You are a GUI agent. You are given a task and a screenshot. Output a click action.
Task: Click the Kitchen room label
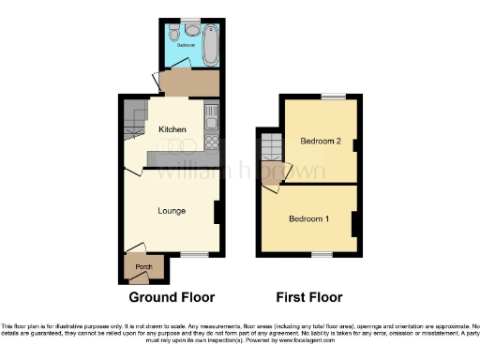(172, 129)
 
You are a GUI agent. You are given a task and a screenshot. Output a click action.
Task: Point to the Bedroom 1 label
(308, 219)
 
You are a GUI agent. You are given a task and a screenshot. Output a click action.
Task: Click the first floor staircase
(272, 146)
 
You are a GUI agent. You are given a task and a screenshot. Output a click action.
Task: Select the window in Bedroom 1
(322, 254)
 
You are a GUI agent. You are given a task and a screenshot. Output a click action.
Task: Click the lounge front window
(193, 254)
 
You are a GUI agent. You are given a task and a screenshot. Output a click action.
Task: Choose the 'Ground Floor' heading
(172, 297)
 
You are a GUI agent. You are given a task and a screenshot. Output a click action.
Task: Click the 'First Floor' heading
(309, 297)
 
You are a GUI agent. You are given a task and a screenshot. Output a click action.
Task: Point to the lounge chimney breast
(217, 212)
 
